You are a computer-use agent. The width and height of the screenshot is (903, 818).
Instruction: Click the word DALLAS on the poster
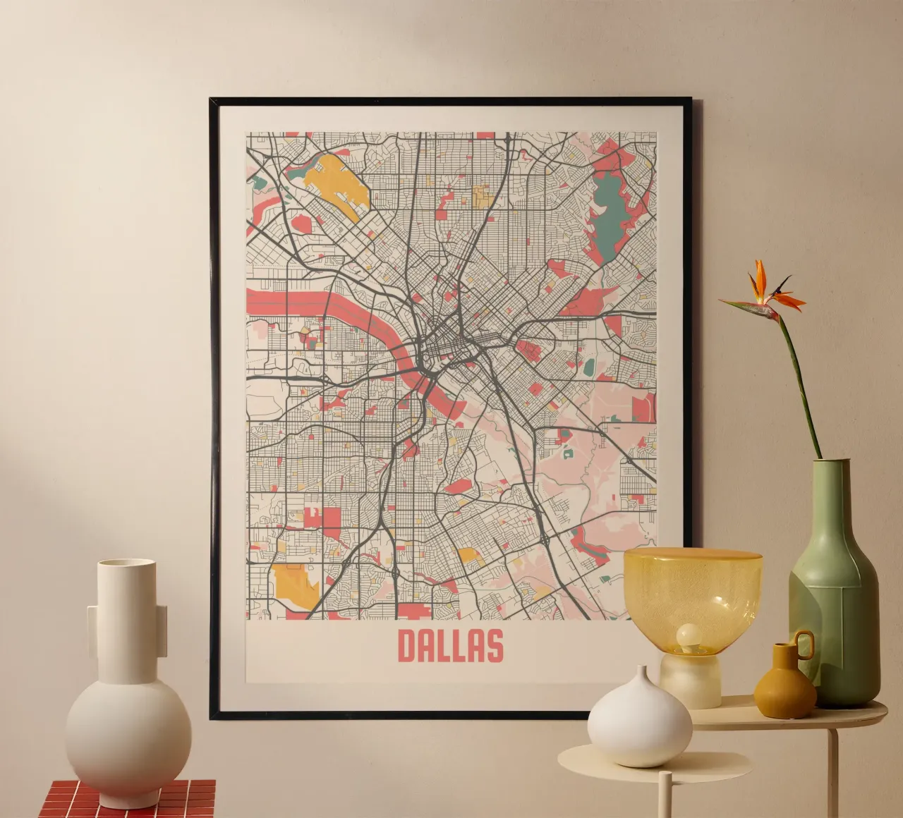pos(450,645)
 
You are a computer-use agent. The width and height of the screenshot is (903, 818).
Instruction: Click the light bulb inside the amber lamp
pos(688,637)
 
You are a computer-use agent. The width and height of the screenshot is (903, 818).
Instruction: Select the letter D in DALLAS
pos(408,645)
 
